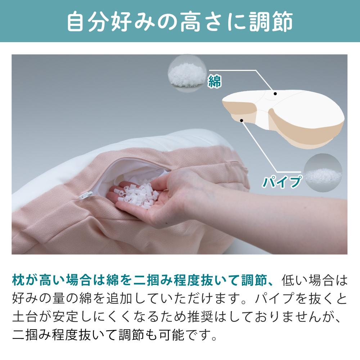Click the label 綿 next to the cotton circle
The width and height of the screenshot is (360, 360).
coord(215,81)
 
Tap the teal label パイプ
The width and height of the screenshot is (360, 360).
coord(282,182)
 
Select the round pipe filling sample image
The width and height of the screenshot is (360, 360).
coord(323,173)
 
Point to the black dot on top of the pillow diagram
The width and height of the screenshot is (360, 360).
coord(275,94)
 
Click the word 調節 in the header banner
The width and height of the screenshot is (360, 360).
coord(271,22)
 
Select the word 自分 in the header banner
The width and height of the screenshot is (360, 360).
coord(89,22)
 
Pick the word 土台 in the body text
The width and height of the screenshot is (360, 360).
coord(25,316)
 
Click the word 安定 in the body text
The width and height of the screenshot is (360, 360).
coord(65,316)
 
